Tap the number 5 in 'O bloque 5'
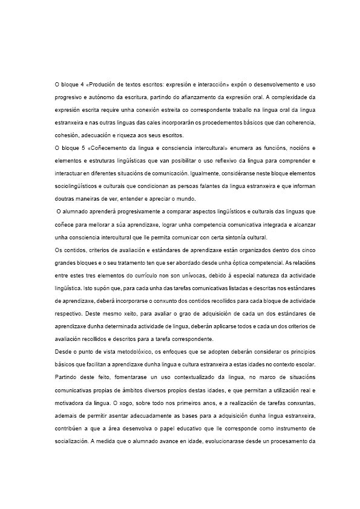(82, 148)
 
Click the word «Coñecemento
(106, 148)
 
